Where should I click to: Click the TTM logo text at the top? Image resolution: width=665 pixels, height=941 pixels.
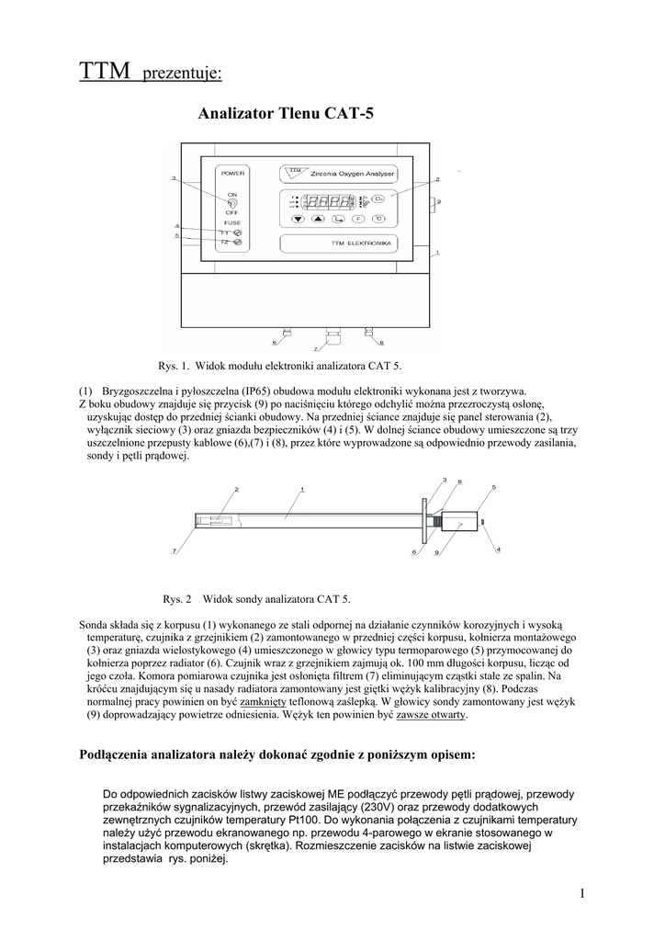click(x=105, y=71)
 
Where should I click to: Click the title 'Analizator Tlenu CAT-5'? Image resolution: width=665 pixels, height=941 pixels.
click(x=286, y=114)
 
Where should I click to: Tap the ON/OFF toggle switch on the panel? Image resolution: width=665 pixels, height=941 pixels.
click(x=232, y=203)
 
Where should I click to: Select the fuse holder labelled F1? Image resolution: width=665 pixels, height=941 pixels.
click(x=237, y=232)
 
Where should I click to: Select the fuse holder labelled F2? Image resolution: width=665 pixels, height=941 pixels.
click(x=237, y=242)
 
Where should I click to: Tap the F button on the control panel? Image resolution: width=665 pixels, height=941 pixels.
click(x=358, y=220)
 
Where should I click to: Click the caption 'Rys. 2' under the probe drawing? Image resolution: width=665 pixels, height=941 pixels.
click(x=176, y=599)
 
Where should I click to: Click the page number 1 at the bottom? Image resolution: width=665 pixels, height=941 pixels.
click(x=582, y=893)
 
